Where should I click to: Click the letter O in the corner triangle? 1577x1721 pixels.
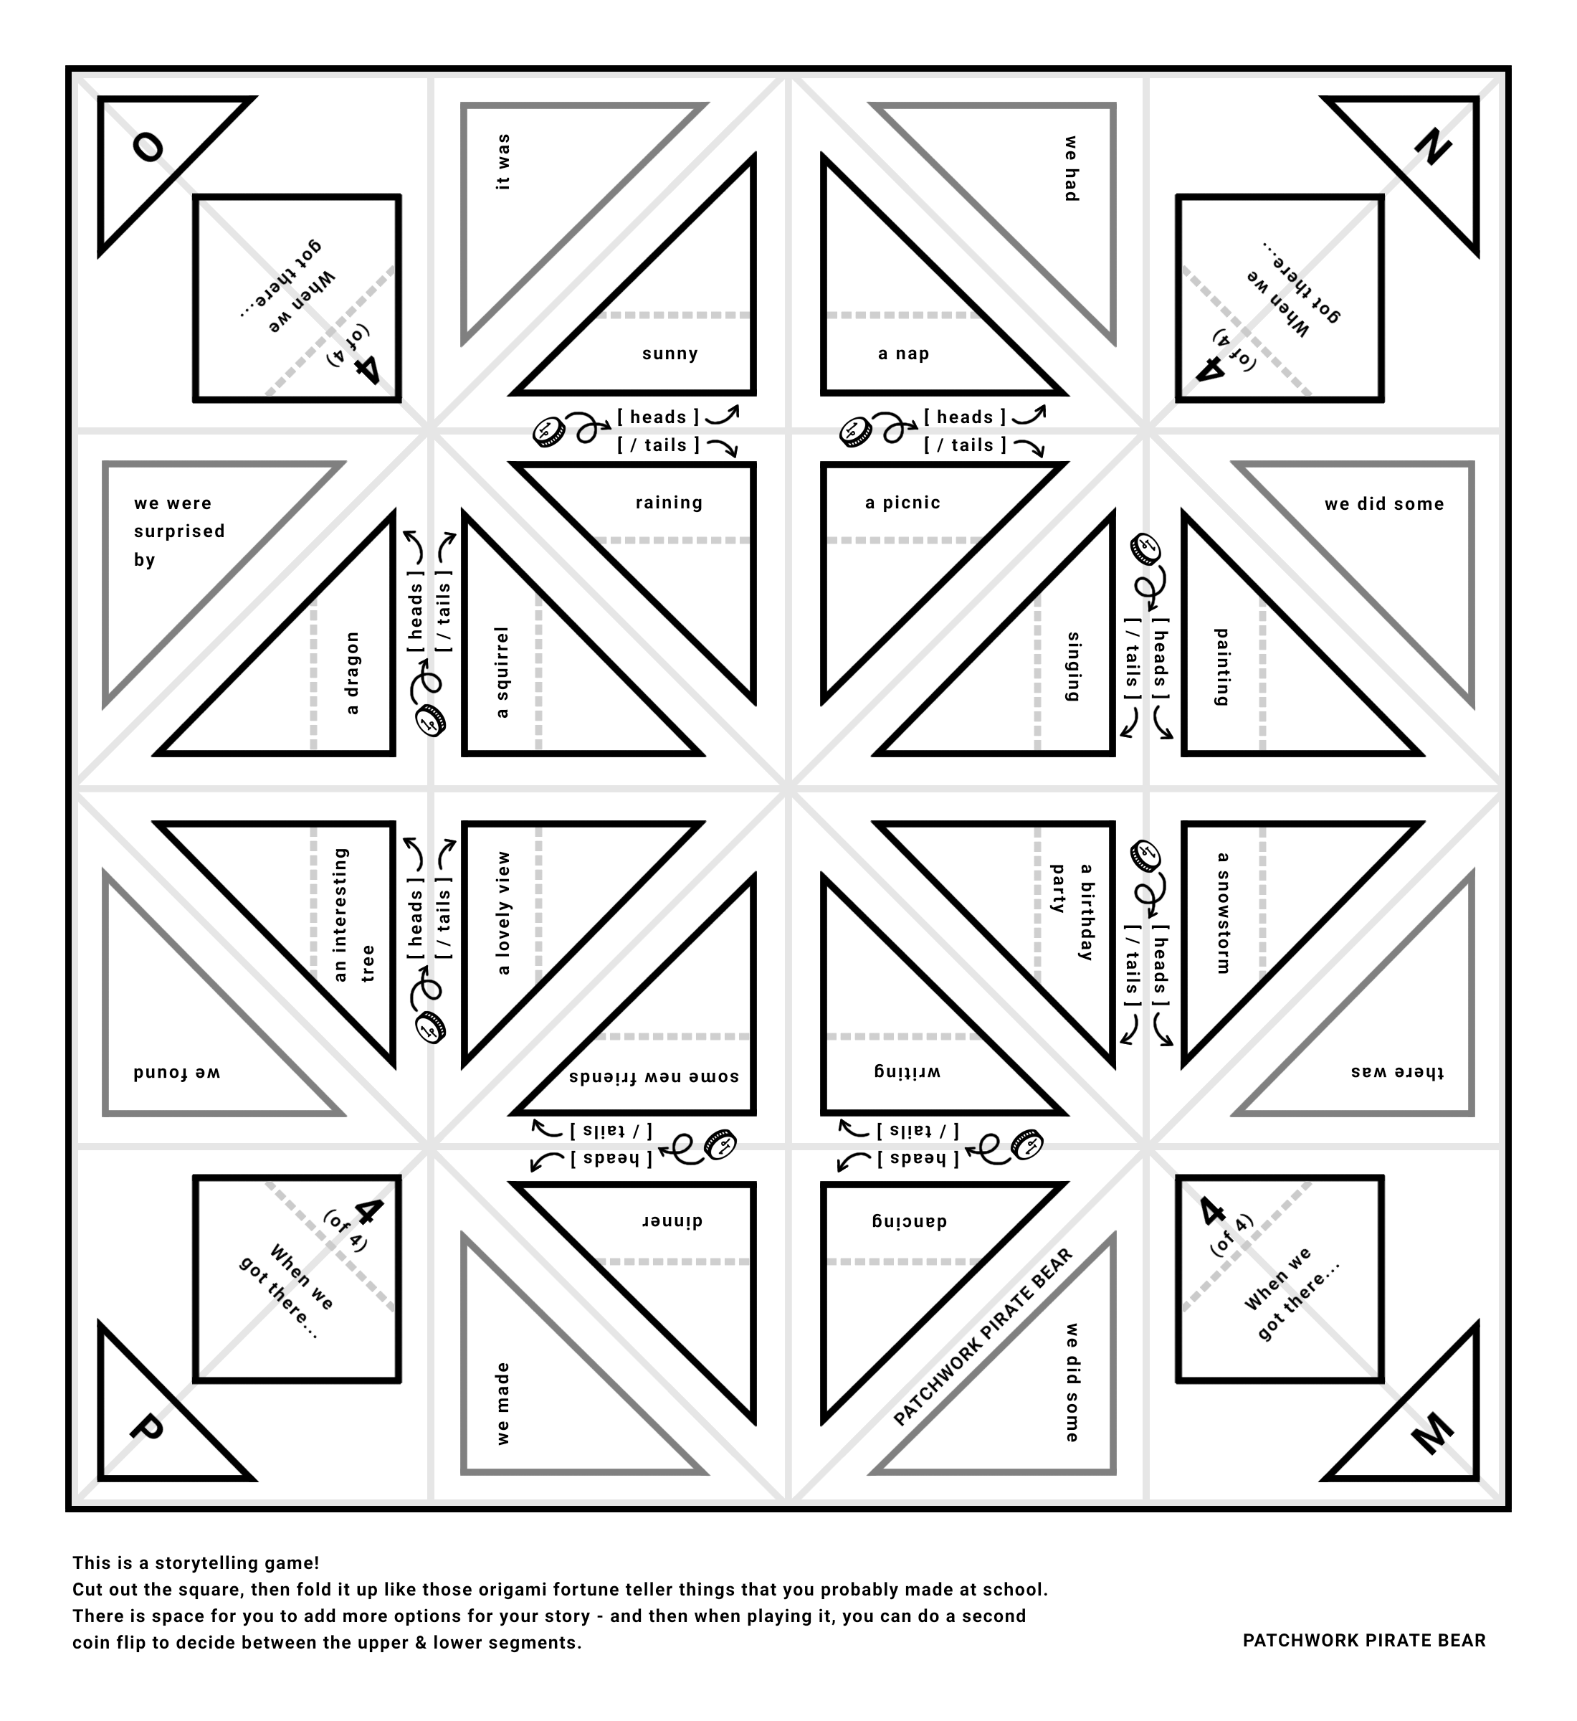148,147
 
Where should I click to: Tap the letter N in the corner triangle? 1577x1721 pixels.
1433,147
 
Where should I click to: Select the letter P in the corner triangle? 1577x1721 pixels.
147,1428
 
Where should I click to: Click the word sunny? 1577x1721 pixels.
670,354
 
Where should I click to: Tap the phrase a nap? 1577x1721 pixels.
904,354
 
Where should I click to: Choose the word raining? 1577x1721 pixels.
669,503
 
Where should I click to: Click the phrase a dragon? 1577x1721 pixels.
351,673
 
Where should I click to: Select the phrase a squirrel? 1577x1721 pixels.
502,673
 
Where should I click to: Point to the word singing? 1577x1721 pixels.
1074,667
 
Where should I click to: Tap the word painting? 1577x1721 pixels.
1222,667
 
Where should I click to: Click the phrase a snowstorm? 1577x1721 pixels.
1222,913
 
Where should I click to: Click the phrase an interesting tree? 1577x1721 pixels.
353,914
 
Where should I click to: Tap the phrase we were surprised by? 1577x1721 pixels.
179,531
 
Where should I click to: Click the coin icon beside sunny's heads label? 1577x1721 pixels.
548,431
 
